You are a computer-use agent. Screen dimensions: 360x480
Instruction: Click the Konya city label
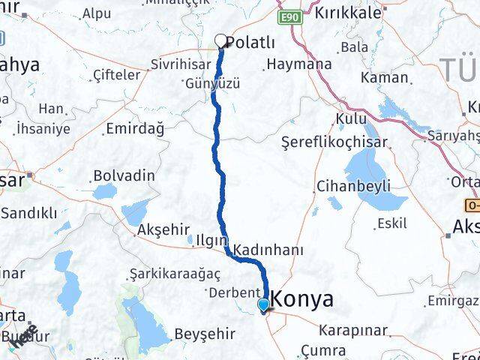[304, 299]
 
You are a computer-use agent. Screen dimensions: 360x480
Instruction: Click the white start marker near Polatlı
[221, 41]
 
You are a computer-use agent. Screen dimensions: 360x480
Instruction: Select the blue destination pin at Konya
[263, 304]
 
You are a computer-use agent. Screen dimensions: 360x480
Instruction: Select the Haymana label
[299, 64]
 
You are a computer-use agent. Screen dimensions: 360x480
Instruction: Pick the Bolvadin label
[124, 175]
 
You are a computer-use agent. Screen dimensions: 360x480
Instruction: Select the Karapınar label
[352, 330]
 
